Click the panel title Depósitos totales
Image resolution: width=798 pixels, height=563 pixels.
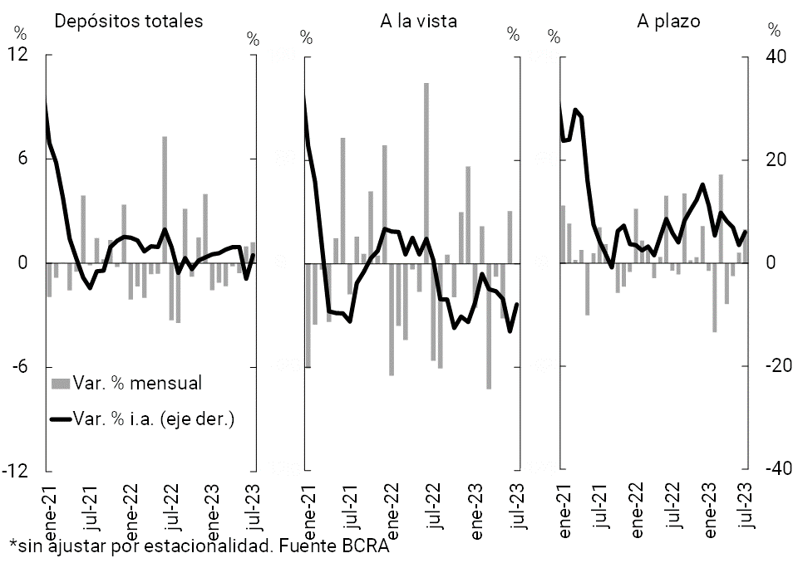tap(128, 22)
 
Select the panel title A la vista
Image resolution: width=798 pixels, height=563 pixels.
tap(418, 22)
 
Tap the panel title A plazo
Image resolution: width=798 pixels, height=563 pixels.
tap(668, 22)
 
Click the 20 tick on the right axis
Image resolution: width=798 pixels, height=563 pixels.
tap(775, 159)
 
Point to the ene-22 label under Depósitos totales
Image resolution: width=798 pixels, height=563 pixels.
tap(131, 506)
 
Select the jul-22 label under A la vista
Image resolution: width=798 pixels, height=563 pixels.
tap(433, 506)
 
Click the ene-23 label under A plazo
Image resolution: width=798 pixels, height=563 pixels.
tap(712, 506)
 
